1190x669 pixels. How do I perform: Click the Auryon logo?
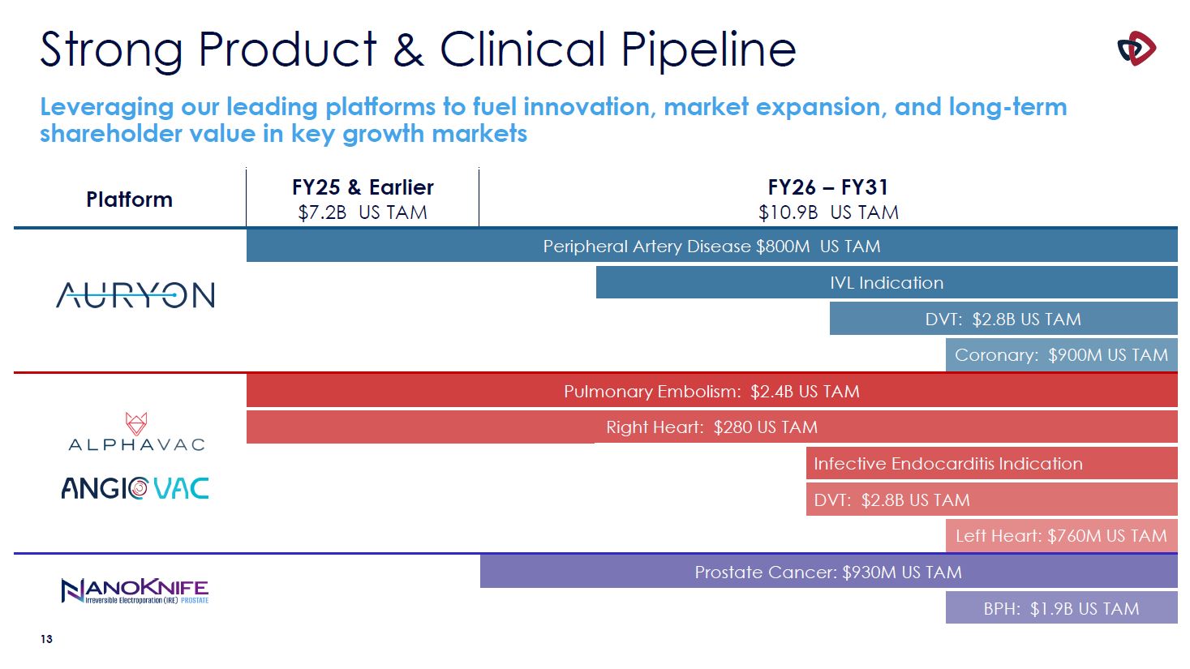click(x=135, y=295)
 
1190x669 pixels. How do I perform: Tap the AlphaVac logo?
click(x=136, y=432)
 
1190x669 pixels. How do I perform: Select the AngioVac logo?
click(x=135, y=488)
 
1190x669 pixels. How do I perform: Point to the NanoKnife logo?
click(x=135, y=590)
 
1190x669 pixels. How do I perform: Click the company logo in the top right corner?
click(x=1136, y=49)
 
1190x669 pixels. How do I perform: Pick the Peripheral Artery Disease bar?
click(x=711, y=246)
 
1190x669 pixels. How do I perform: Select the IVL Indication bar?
click(x=886, y=283)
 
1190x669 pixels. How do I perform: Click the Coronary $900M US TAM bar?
click(x=1061, y=355)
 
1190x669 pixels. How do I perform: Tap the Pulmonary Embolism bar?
click(x=711, y=392)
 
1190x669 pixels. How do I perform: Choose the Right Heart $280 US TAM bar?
click(x=711, y=427)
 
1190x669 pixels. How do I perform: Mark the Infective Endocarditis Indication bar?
click(x=990, y=464)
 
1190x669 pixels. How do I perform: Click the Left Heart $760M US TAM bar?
click(x=1061, y=536)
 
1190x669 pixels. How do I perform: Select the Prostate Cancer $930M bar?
click(x=828, y=573)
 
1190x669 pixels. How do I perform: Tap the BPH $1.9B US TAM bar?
click(x=1061, y=608)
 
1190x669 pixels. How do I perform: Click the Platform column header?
click(x=129, y=199)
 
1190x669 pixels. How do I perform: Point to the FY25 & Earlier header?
click(x=363, y=187)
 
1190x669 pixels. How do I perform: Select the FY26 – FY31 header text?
click(x=828, y=187)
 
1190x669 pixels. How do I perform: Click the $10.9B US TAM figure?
click(x=828, y=212)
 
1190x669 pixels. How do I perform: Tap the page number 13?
click(x=46, y=640)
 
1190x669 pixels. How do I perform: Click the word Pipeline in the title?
click(x=708, y=50)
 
